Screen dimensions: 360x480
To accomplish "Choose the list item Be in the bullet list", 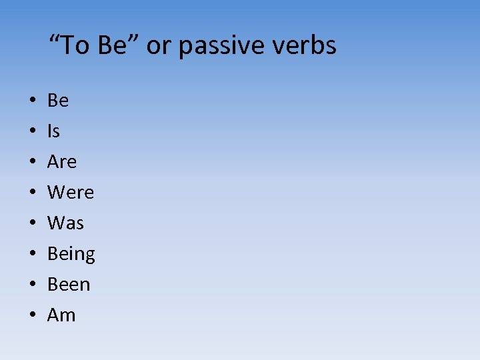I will pos(58,101).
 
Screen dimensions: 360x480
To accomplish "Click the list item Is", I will pos(53,131).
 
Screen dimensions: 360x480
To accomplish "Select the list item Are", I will pos(62,162).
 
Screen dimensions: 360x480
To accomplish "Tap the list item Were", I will pos(71,193).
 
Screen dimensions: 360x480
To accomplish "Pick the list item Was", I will pos(65,223).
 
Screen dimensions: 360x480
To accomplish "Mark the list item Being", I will pos(71,254).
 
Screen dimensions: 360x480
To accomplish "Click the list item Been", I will pos(69,285).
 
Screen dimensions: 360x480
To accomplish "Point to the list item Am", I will pos(61,315).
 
